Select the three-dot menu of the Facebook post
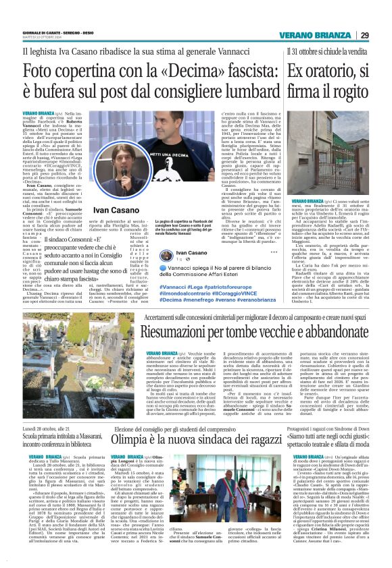point(274,252)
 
